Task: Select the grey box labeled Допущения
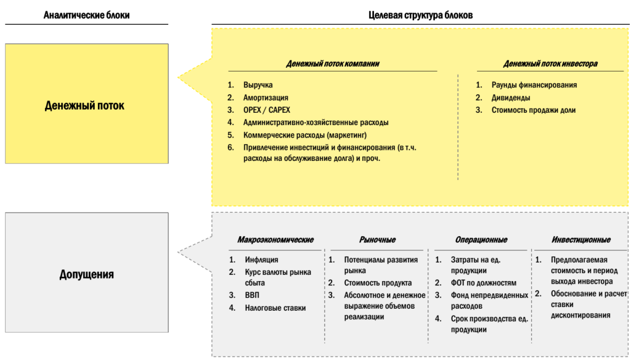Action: pyautogui.click(x=86, y=273)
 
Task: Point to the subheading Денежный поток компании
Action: pyautogui.click(x=333, y=63)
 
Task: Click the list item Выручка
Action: pyautogui.click(x=258, y=85)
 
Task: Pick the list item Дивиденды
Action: pyautogui.click(x=511, y=97)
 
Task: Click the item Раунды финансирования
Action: pyautogui.click(x=534, y=85)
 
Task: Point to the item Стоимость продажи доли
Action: pyautogui.click(x=534, y=110)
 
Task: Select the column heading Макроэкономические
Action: pyautogui.click(x=275, y=240)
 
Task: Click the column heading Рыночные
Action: pyautogui.click(x=377, y=240)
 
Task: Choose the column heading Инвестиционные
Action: pyautogui.click(x=581, y=240)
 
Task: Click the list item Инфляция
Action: pyautogui.click(x=261, y=260)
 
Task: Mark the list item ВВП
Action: pyautogui.click(x=252, y=295)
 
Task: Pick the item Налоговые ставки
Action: pyautogui.click(x=275, y=308)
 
